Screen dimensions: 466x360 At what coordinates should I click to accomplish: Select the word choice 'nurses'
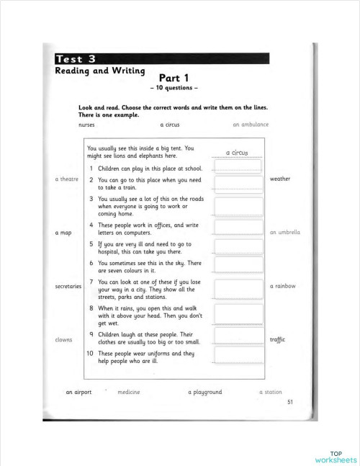point(86,124)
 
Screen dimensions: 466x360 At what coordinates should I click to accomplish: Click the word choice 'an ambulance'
point(251,124)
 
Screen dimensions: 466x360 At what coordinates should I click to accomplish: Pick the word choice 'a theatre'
point(66,179)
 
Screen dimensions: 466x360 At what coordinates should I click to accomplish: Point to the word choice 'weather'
point(280,179)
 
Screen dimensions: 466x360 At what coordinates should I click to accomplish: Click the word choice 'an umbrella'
point(284,233)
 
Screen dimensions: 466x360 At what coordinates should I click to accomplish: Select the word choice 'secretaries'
point(68,286)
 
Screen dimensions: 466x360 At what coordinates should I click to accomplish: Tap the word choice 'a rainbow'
point(282,286)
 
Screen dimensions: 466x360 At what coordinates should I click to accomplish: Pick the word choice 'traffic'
point(278,339)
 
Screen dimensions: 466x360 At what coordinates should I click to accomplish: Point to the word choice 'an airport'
point(78,392)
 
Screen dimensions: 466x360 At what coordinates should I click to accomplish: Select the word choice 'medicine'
point(129,392)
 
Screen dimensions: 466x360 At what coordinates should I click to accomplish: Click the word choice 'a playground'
point(204,392)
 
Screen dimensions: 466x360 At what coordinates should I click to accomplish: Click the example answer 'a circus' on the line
point(236,153)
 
